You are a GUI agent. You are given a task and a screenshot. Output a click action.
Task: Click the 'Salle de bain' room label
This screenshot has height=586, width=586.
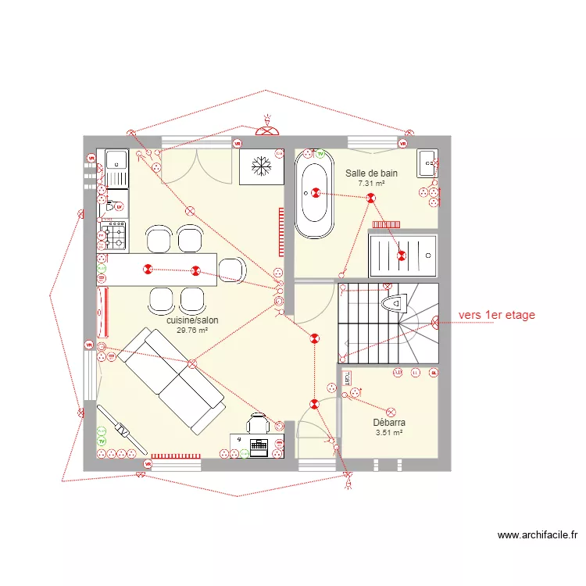pyautogui.click(x=371, y=173)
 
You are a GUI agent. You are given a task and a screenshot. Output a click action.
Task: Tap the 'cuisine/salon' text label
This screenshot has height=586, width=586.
pyautogui.click(x=192, y=320)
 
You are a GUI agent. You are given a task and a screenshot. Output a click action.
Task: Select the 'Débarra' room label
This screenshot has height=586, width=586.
pyautogui.click(x=389, y=423)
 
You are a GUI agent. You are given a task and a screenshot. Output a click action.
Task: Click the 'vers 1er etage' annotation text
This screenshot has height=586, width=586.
pyautogui.click(x=497, y=315)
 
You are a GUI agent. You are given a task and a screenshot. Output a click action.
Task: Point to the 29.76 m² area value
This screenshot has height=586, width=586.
pyautogui.click(x=192, y=331)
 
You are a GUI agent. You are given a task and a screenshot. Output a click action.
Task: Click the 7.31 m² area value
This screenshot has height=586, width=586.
pyautogui.click(x=371, y=183)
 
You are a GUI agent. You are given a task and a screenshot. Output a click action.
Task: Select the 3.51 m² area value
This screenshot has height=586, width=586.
pyautogui.click(x=389, y=432)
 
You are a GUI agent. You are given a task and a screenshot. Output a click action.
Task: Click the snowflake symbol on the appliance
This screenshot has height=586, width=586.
pyautogui.click(x=261, y=166)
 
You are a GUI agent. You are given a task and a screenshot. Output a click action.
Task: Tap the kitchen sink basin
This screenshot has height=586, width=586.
pyautogui.click(x=117, y=159)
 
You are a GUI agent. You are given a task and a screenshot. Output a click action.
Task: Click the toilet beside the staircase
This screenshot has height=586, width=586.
pyautogui.click(x=395, y=301)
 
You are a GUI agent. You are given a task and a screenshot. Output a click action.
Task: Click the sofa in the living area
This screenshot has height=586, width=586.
pyautogui.click(x=173, y=380)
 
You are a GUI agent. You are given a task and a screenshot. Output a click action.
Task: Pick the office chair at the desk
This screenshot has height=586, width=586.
pyautogui.click(x=258, y=423)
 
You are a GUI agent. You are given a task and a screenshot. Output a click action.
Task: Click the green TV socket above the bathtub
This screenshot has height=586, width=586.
pyautogui.click(x=320, y=154)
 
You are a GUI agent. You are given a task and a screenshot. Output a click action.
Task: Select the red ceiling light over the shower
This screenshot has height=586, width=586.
pyautogui.click(x=402, y=255)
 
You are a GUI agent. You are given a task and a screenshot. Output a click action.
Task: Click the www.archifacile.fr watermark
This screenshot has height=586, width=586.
pyautogui.click(x=538, y=535)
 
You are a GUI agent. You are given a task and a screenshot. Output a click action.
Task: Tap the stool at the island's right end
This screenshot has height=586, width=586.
pyautogui.click(x=232, y=270)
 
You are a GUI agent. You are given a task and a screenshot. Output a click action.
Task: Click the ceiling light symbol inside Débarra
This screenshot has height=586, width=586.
pyautogui.click(x=391, y=411)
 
